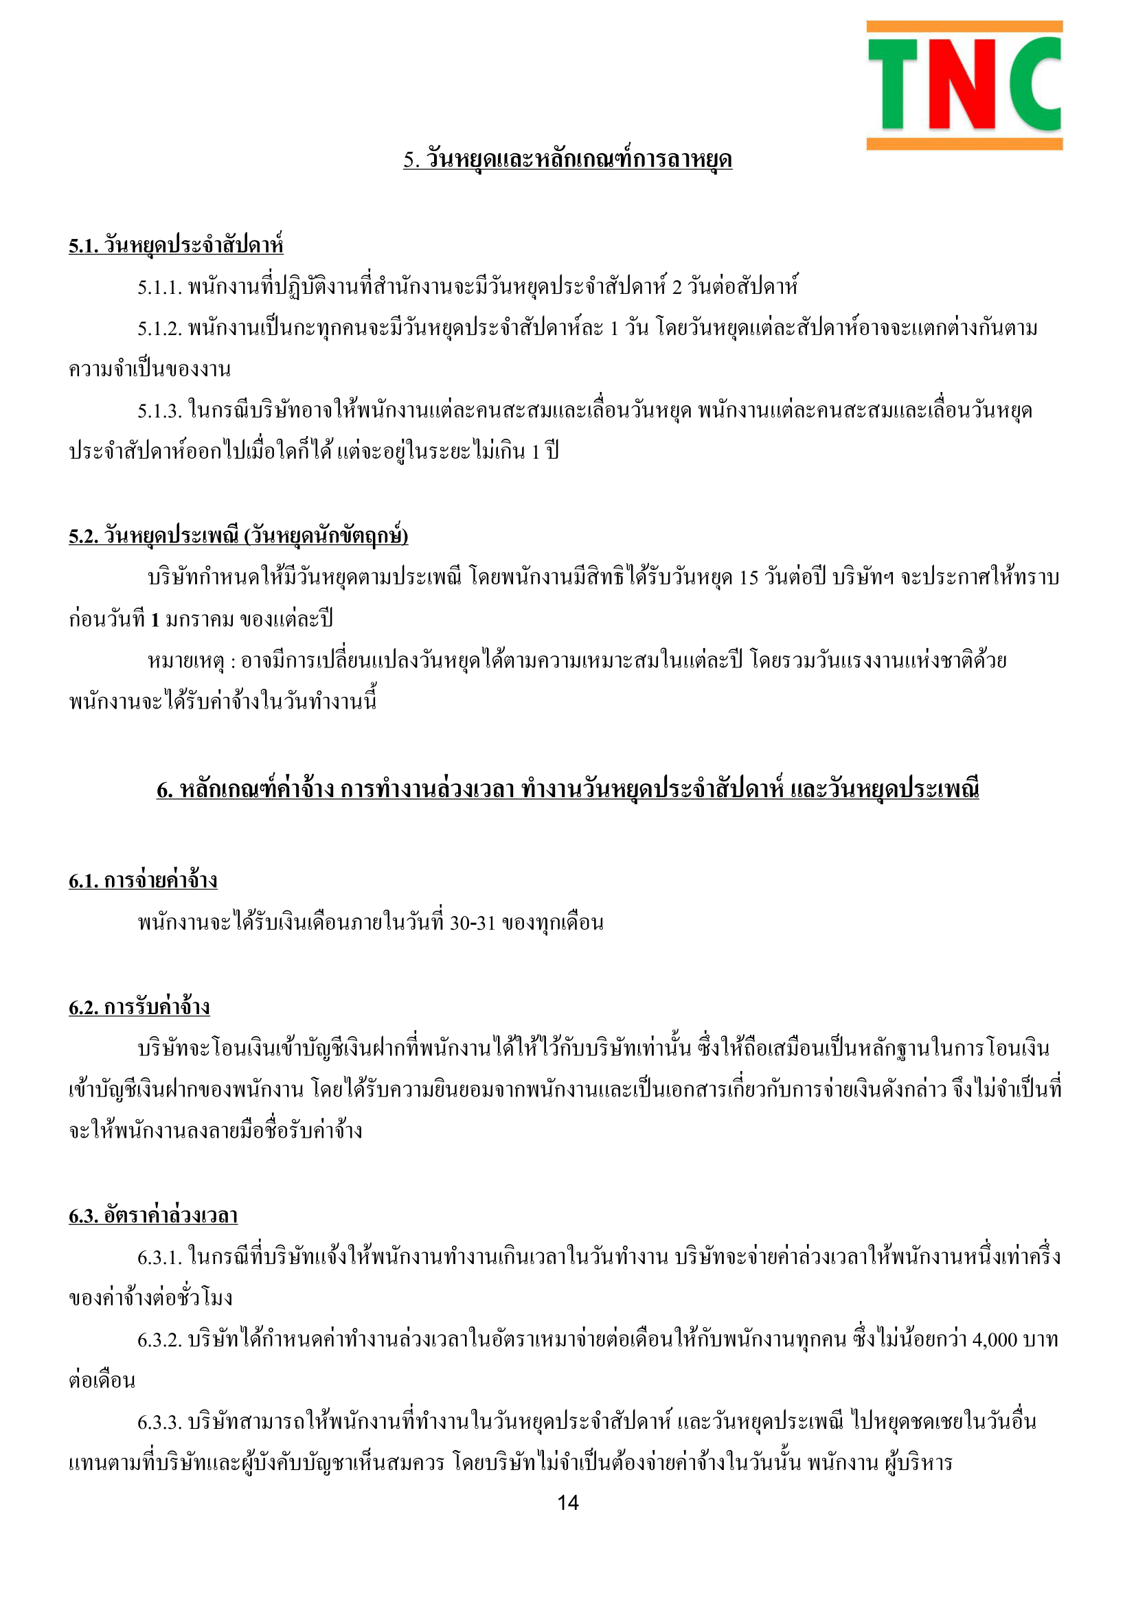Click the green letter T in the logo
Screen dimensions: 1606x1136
point(893,84)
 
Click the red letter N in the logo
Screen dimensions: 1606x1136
point(963,84)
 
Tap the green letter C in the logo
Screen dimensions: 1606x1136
point(1034,84)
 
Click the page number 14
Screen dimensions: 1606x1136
point(567,1502)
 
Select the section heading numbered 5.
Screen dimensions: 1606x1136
point(567,160)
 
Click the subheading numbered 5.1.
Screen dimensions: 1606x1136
point(176,246)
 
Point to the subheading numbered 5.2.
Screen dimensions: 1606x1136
point(238,536)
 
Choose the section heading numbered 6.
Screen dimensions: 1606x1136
point(567,790)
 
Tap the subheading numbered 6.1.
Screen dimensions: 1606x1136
point(143,880)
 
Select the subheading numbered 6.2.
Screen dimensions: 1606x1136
point(139,1007)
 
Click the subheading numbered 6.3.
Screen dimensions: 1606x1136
point(153,1216)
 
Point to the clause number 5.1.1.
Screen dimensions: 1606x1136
point(159,288)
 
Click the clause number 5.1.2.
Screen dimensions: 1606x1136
point(159,329)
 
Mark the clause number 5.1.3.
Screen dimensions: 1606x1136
point(159,411)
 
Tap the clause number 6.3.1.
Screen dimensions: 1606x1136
point(159,1258)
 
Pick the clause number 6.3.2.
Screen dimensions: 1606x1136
point(159,1340)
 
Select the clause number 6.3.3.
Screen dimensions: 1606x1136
point(159,1422)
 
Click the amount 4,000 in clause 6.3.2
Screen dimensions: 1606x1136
point(994,1340)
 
